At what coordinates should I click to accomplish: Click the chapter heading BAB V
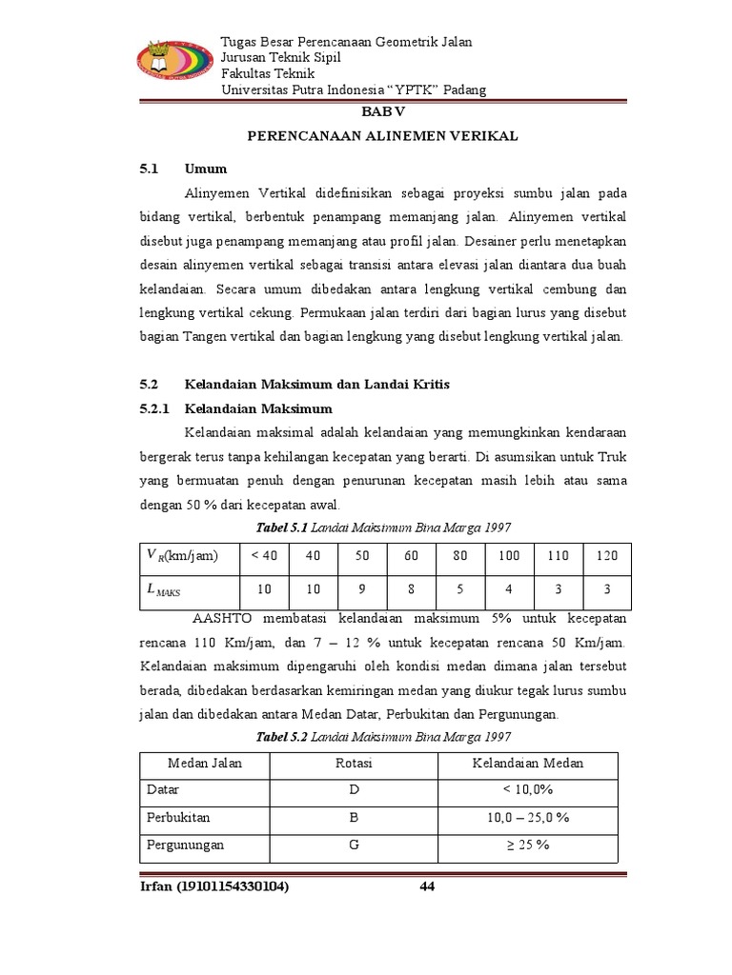click(382, 111)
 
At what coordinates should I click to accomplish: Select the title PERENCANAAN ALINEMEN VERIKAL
click(382, 136)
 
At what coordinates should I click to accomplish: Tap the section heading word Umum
click(207, 169)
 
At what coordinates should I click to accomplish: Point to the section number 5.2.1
click(153, 408)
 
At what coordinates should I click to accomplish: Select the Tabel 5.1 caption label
click(282, 527)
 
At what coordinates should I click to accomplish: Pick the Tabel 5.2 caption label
click(283, 737)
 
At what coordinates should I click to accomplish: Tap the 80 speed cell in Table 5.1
click(459, 556)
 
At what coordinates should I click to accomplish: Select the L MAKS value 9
click(361, 589)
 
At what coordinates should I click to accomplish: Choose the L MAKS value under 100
click(509, 589)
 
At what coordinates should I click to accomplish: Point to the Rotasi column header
click(354, 764)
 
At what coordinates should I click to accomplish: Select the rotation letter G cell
click(354, 845)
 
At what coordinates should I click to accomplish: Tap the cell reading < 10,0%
click(528, 790)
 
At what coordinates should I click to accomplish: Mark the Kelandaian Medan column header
click(528, 764)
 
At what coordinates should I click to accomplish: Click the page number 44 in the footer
click(427, 887)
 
